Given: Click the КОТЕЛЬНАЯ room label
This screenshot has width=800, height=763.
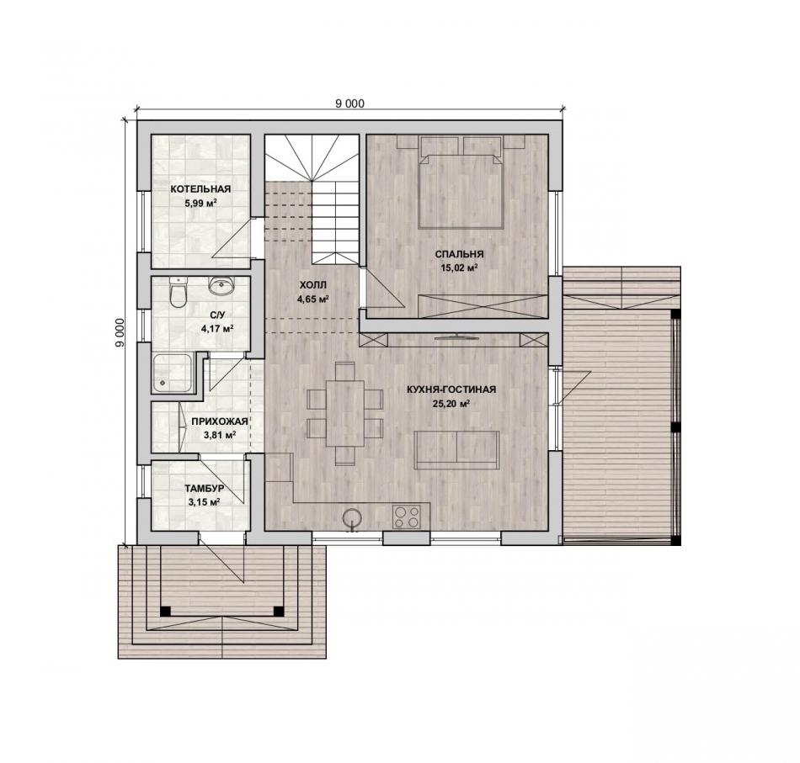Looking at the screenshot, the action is tap(200, 189).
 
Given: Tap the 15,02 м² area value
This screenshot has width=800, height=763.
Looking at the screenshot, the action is tap(459, 268).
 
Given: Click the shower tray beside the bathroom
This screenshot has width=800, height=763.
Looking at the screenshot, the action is tap(173, 374).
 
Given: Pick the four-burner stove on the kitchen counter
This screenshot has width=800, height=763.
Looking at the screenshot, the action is tap(406, 516).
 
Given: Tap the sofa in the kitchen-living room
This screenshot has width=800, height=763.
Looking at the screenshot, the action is tap(456, 449).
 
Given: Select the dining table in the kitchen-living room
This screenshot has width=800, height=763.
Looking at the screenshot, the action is tap(345, 413).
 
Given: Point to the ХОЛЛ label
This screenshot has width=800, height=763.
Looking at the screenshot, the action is tap(312, 285).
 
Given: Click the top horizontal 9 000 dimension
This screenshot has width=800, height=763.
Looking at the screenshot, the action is tap(350, 103).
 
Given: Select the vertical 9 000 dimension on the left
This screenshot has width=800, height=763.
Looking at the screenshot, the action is tap(120, 333).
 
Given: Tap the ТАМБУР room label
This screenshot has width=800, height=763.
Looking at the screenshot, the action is tap(204, 489).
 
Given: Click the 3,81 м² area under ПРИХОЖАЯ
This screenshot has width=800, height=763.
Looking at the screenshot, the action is tap(220, 435).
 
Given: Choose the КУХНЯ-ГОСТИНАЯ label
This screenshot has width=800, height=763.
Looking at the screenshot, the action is tap(451, 389).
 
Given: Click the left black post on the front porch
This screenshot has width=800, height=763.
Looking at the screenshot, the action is tap(165, 611).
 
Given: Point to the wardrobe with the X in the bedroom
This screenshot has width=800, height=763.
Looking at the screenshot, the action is tap(483, 306).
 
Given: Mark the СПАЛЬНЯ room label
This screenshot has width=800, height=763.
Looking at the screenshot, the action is tap(459, 254).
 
